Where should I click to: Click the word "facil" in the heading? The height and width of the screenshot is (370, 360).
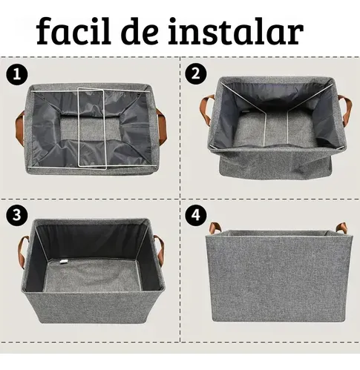click(x=73, y=30)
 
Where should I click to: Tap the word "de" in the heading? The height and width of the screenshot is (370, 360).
click(x=140, y=31)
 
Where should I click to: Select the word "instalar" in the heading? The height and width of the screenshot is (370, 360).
click(x=236, y=31)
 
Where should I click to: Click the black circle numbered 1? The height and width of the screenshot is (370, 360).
click(x=17, y=75)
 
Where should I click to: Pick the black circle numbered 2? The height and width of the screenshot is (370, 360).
click(x=195, y=73)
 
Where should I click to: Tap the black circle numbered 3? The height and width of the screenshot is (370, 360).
click(x=17, y=215)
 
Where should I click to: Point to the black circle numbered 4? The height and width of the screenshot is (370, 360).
click(x=195, y=215)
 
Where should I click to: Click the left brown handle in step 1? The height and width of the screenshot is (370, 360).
click(x=20, y=128)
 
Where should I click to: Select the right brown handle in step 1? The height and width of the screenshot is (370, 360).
click(x=161, y=127)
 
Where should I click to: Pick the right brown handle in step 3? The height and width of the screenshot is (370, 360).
click(x=160, y=250)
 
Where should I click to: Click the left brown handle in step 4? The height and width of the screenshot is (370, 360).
click(x=215, y=228)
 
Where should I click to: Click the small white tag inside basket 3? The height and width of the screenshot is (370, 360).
click(x=64, y=261)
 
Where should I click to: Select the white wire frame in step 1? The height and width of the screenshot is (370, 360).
click(x=92, y=128)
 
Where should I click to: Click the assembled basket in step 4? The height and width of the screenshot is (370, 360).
click(x=279, y=272)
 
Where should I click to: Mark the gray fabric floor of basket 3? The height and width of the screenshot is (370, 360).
click(x=92, y=275)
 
